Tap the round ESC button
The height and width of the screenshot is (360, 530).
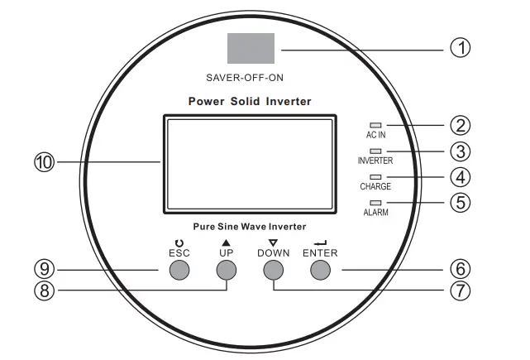pyautogui.click(x=179, y=270)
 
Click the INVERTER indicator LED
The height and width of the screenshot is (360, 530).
pyautogui.click(x=376, y=151)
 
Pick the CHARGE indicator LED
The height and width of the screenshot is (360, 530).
pyautogui.click(x=376, y=177)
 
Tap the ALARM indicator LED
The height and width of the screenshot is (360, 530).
pyautogui.click(x=376, y=203)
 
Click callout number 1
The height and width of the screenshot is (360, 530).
pyautogui.click(x=460, y=47)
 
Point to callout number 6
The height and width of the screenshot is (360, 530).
pyautogui.click(x=460, y=269)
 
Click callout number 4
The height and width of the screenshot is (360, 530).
pyautogui.click(x=460, y=177)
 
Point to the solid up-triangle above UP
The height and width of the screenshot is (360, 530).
pyautogui.click(x=226, y=242)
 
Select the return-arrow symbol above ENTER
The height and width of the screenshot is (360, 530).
pyautogui.click(x=320, y=242)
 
